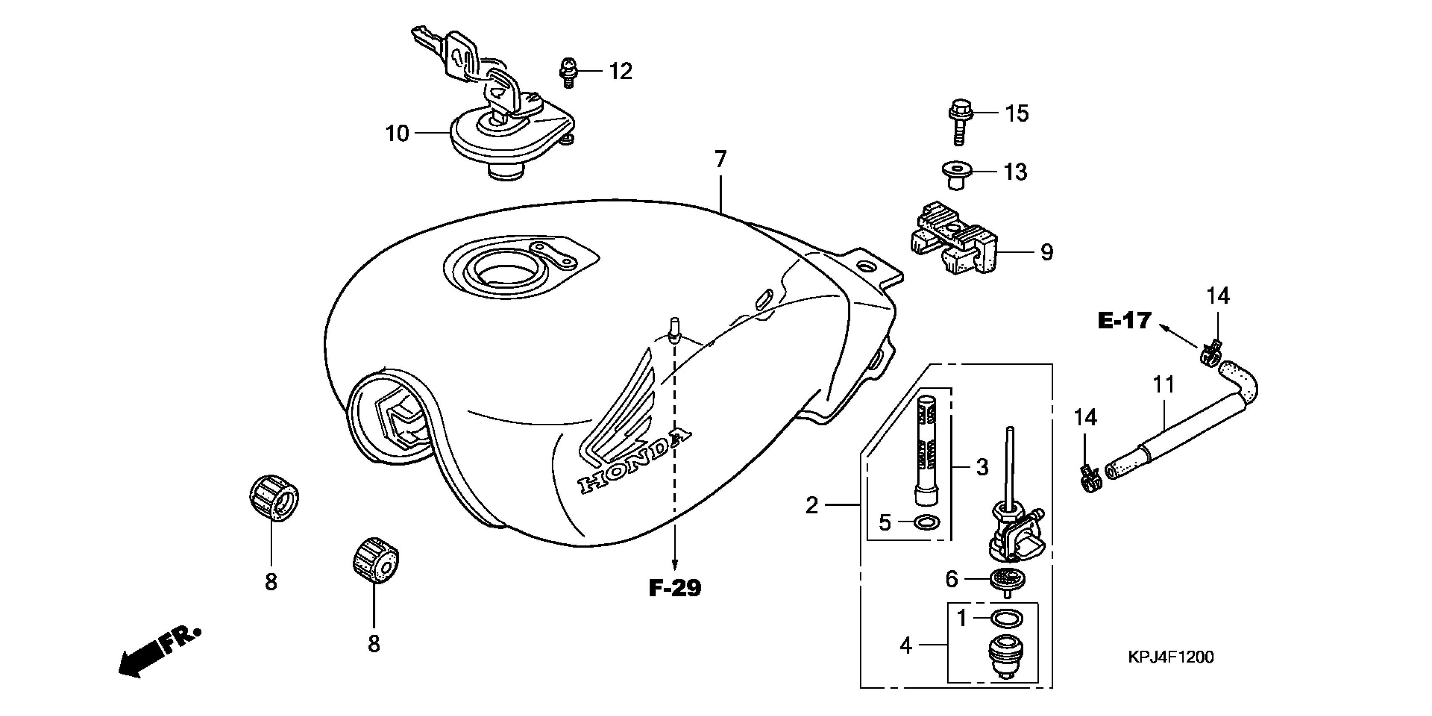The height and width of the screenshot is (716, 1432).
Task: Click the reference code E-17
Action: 1124,321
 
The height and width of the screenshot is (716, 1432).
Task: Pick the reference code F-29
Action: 675,588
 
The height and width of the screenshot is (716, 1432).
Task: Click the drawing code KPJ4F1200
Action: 1171,657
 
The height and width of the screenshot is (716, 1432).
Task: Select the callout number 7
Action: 720,160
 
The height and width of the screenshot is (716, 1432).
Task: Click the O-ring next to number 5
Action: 926,522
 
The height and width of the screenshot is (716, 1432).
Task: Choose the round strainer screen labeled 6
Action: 1007,580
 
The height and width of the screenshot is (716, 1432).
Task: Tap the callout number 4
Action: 906,645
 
